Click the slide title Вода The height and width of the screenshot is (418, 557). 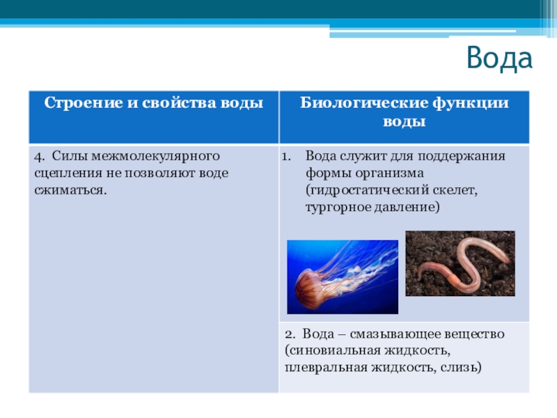[x=499, y=59]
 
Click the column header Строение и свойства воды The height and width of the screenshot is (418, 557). [x=154, y=103]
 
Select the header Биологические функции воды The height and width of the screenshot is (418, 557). [x=404, y=111]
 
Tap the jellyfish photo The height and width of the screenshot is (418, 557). [x=343, y=277]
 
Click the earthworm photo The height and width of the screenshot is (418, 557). [x=460, y=265]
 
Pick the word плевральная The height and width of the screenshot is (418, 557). [x=324, y=367]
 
